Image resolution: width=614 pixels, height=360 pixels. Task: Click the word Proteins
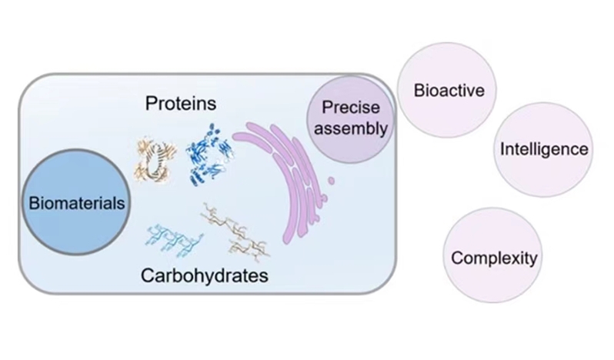pos(182,102)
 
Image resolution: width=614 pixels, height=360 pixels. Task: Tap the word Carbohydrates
pos(204,275)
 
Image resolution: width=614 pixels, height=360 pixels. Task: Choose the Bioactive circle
pos(449,91)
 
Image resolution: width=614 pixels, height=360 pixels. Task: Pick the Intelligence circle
pos(544,149)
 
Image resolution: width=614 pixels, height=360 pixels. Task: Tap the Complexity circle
pos(493,258)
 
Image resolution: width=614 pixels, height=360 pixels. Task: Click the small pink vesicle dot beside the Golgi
pos(332,182)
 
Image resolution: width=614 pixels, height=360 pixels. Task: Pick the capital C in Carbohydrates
pos(147,275)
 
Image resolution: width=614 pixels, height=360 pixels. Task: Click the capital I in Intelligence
pos(502,149)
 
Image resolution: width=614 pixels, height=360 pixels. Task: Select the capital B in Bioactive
pos(419,91)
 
